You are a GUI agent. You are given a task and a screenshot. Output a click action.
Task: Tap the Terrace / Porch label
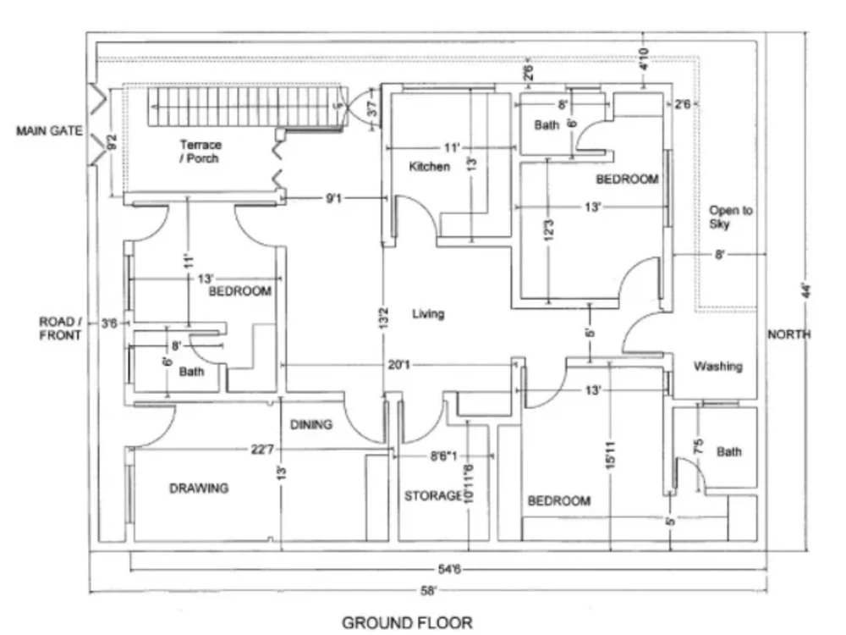tap(200, 152)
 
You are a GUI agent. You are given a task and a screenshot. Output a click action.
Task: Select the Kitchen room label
tap(430, 167)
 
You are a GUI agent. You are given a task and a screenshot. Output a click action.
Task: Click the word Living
tap(427, 314)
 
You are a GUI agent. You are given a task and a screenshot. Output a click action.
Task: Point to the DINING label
tap(311, 425)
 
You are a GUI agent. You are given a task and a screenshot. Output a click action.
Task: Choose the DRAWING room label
tap(199, 488)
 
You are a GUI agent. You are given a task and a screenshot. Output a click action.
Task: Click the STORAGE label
tap(433, 495)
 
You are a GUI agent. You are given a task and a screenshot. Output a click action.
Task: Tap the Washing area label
tap(717, 367)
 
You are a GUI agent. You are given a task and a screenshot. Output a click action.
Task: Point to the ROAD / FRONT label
tap(60, 329)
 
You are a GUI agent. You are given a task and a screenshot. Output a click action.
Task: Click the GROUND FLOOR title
tap(407, 623)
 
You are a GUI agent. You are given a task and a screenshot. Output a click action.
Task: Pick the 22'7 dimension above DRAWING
tap(261, 450)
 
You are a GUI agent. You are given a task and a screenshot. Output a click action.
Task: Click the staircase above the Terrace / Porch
tap(245, 108)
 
